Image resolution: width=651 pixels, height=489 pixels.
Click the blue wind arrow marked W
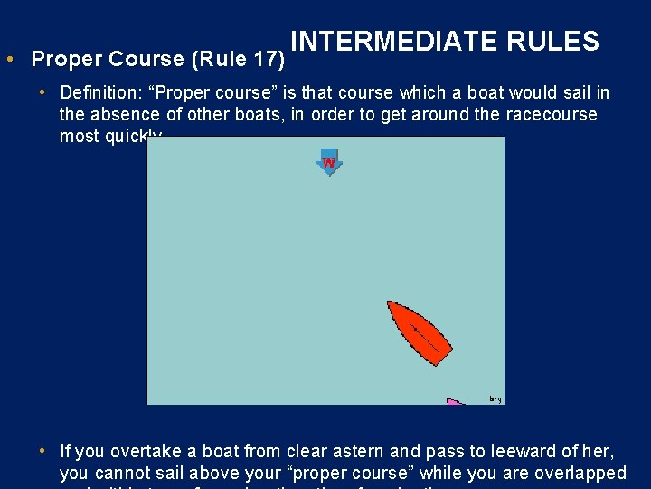[x=329, y=161]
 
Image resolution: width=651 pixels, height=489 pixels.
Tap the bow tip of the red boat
[x=390, y=303]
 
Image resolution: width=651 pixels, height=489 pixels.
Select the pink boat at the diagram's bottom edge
[x=455, y=401]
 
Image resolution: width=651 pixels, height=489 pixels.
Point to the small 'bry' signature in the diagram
[x=495, y=398]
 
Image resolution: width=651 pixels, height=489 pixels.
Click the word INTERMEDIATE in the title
[x=395, y=42]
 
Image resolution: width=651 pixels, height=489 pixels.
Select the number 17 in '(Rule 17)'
[x=265, y=60]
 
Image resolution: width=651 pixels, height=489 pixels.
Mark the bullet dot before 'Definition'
[x=43, y=93]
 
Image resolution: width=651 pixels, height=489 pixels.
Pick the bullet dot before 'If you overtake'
[x=43, y=451]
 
